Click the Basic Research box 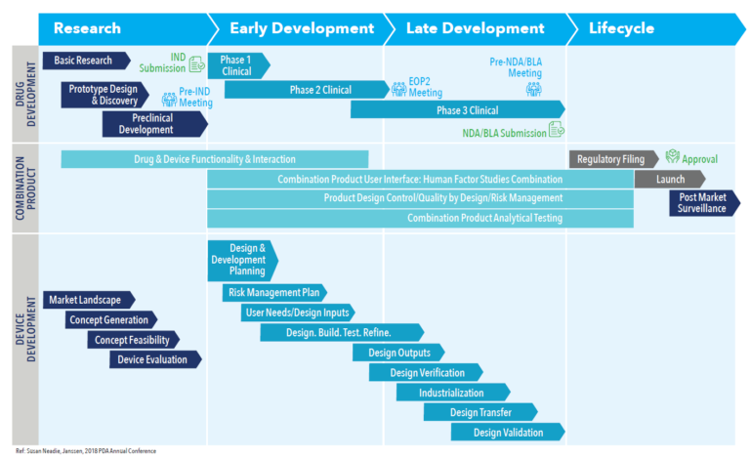coord(86,61)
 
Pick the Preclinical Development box coord(154,124)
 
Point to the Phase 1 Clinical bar coord(237,64)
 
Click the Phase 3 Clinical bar coord(457,110)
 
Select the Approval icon coord(673,157)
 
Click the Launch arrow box coord(670,179)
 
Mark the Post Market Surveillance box coord(703,203)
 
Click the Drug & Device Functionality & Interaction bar coord(215,159)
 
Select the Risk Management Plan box coord(274,292)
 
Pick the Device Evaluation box coord(154,359)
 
